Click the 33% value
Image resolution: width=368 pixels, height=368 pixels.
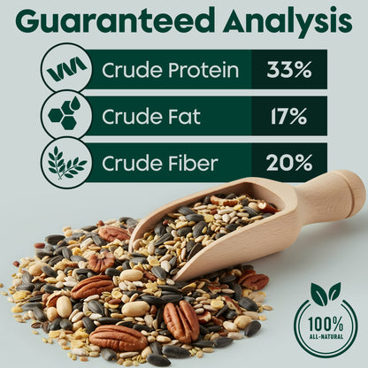(289, 69)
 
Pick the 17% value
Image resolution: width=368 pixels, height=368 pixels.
(289, 116)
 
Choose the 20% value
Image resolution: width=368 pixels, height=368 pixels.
(289, 163)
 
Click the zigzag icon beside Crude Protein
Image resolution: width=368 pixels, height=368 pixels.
(66, 69)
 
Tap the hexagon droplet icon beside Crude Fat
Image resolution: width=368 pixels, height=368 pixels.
(66, 116)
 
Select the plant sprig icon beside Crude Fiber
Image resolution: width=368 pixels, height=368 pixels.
(66, 163)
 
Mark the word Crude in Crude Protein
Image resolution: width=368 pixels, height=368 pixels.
(129, 69)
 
